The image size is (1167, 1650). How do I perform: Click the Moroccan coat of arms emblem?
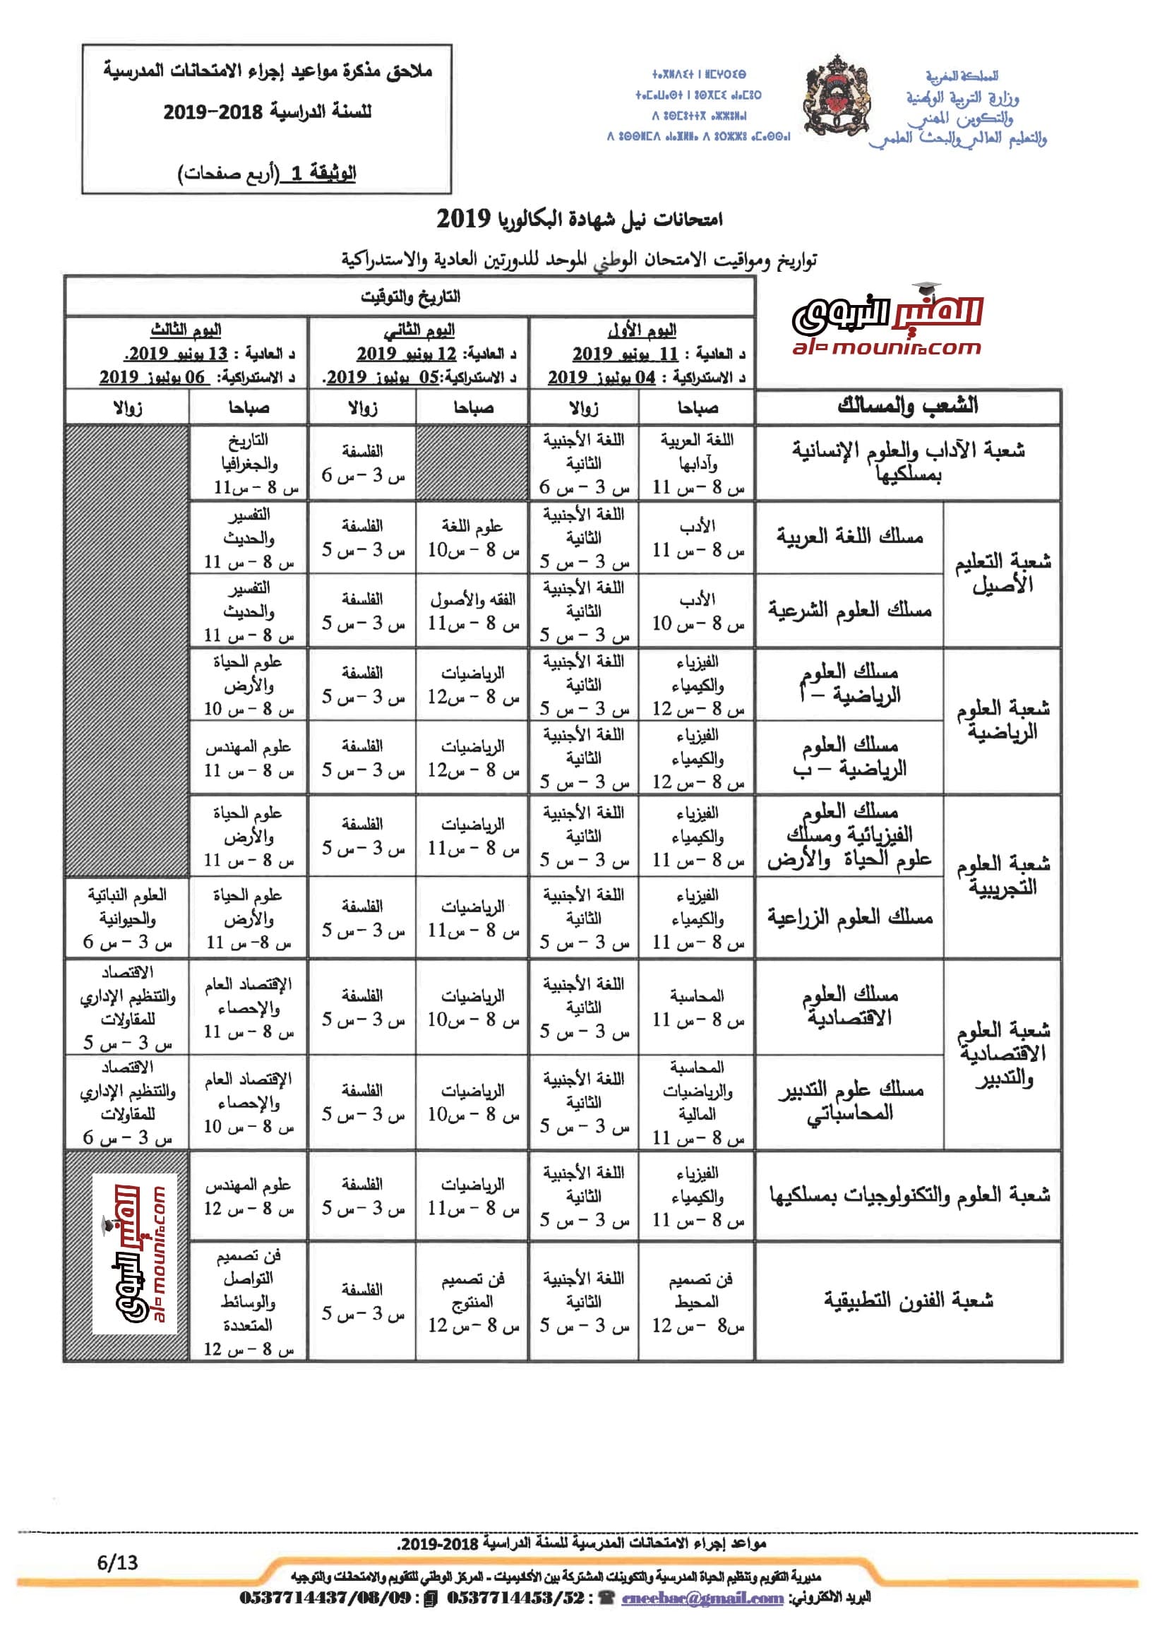[837, 97]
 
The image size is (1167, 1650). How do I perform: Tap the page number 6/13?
[117, 1562]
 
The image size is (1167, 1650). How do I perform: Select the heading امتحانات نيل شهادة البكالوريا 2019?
[579, 218]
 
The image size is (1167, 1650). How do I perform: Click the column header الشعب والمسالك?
[908, 406]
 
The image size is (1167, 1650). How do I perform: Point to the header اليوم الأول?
[642, 330]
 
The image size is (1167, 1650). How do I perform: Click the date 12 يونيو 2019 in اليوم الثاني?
[407, 354]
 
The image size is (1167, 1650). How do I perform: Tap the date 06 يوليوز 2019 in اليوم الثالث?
[152, 377]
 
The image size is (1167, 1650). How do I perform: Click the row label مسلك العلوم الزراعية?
[850, 917]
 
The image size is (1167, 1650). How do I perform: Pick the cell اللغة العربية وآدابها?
[696, 452]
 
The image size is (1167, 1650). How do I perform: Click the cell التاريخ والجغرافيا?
[249, 452]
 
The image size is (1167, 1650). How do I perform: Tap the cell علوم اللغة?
[472, 527]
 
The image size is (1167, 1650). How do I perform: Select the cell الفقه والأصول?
[472, 599]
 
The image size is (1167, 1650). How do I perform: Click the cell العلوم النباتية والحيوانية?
[127, 907]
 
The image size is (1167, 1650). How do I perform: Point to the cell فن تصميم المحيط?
[696, 1290]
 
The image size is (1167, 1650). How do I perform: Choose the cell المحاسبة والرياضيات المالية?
[696, 1090]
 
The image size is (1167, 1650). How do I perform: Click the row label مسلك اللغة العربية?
[850, 536]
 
